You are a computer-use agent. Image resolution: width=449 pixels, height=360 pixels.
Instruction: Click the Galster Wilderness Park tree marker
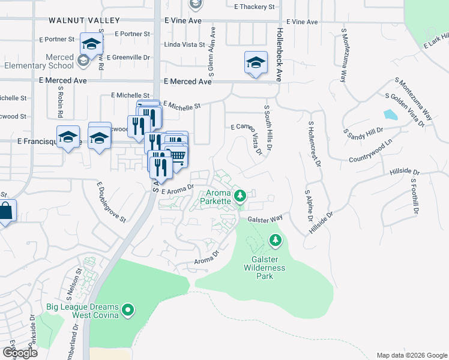[276, 241]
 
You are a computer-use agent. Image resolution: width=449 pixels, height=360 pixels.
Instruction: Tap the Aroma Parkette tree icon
[240, 196]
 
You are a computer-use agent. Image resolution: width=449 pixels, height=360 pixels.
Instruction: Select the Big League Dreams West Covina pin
[127, 310]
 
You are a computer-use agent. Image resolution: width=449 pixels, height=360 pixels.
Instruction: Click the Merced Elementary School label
[37, 61]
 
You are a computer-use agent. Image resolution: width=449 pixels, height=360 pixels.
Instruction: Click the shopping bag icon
[5, 211]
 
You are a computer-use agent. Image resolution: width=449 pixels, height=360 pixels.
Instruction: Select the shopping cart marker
[178, 156]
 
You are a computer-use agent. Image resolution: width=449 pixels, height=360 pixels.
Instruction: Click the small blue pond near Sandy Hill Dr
[390, 115]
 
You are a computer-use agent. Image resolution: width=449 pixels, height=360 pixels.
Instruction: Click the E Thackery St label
[255, 7]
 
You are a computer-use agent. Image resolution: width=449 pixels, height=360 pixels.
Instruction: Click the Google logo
[20, 352]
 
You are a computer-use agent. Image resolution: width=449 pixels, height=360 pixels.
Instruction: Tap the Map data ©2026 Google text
[411, 355]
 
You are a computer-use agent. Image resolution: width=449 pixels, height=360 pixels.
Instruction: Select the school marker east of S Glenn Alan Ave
[255, 62]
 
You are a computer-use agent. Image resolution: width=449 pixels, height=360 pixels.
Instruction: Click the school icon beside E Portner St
[91, 44]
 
